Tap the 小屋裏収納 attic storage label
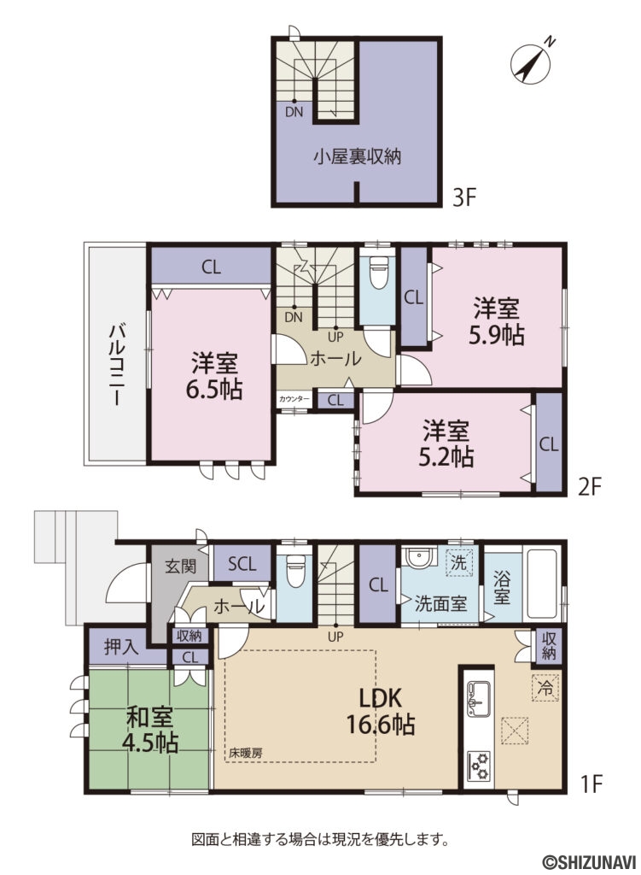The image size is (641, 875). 357,156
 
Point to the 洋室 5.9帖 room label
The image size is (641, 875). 498,320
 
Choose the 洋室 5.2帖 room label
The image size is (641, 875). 447,443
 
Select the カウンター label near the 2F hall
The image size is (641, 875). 294,399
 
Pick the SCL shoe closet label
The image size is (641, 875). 242,564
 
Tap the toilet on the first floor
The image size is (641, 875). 294,567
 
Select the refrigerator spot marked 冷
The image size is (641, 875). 544,685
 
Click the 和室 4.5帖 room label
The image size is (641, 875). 153,729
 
